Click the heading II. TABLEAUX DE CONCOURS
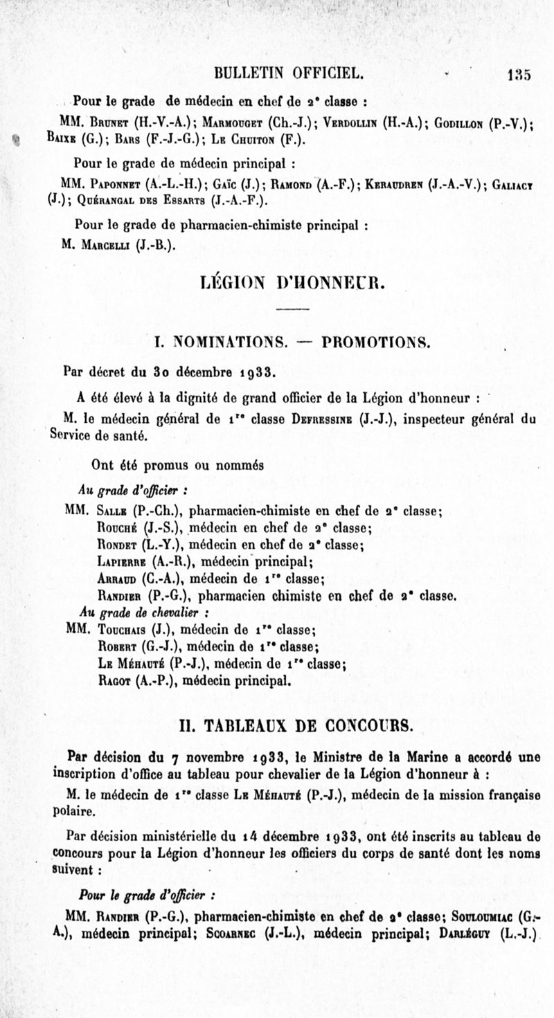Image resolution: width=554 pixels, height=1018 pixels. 292,726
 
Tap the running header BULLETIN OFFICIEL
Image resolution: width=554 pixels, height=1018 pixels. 289,74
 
